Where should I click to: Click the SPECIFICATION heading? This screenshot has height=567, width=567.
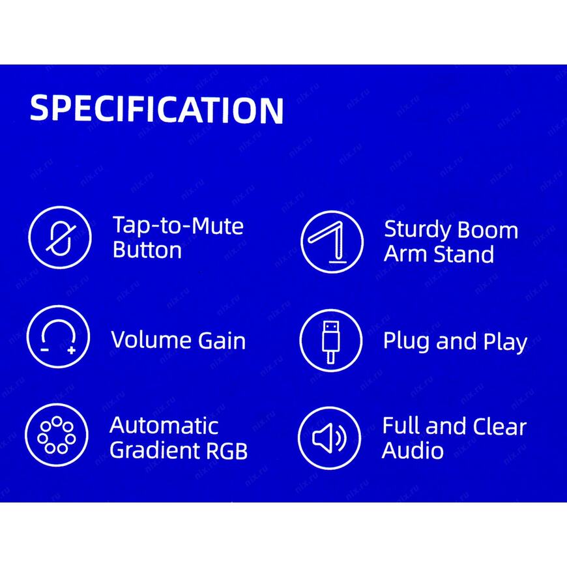point(156,109)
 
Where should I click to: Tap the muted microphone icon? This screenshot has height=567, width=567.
point(60,238)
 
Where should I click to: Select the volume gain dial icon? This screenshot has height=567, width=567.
point(58,337)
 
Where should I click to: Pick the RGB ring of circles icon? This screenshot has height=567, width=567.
point(57,435)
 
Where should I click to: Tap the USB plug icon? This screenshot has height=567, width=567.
point(331,340)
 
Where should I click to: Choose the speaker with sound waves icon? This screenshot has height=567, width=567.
point(329,438)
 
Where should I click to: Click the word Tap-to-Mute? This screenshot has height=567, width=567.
point(178,225)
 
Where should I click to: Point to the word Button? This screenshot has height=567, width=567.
point(147,250)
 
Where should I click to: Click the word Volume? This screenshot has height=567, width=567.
point(151,340)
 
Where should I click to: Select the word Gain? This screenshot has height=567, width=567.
point(222,341)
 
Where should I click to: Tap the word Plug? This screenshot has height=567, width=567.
point(407,342)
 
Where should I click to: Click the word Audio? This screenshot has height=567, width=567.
point(413,450)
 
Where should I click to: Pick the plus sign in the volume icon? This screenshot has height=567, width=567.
point(72,350)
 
